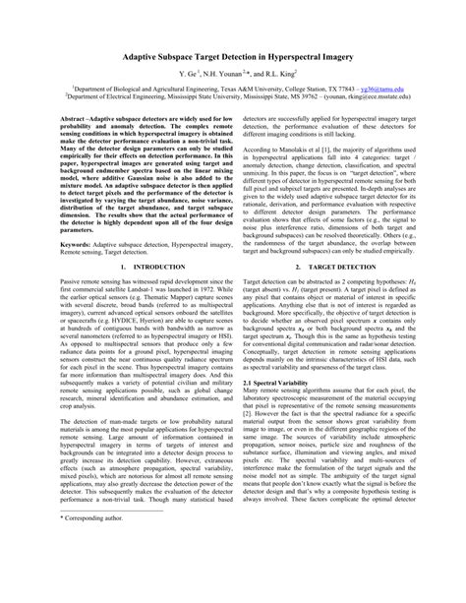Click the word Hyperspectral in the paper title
(295, 58)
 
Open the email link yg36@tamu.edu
(394, 88)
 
